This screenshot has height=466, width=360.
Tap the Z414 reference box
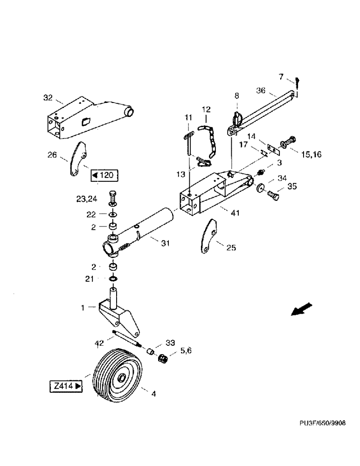66,386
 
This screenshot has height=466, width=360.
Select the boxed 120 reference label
104,176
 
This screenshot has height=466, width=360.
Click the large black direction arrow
301,309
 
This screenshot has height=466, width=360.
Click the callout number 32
48,98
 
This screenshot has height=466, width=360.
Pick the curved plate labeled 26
77,158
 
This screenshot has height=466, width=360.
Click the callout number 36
262,91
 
